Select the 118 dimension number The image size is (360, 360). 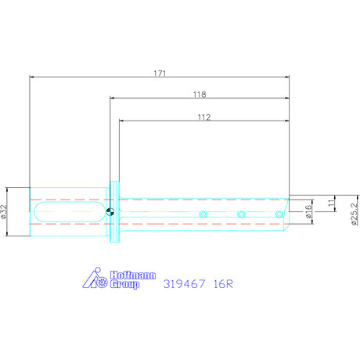(199, 94)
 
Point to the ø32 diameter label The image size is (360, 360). (5, 211)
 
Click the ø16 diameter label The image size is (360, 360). (309, 211)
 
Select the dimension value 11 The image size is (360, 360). (331, 202)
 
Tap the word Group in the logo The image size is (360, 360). (123, 286)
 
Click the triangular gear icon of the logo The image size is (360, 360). (94, 280)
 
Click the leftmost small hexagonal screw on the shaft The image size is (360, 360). (203, 214)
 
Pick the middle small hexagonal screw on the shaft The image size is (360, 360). (241, 214)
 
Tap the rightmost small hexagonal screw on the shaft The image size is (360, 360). (278, 214)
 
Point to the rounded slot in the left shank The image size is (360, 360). (70, 211)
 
